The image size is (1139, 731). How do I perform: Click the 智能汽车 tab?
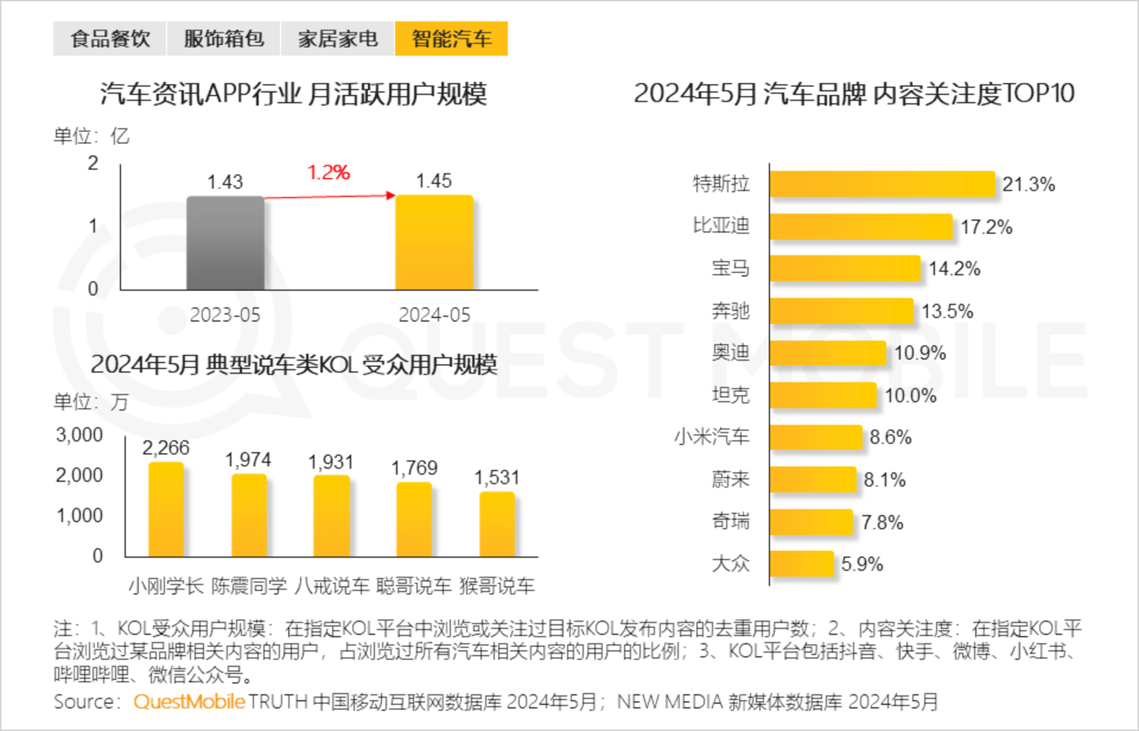click(451, 39)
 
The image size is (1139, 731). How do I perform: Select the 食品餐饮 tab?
click(110, 39)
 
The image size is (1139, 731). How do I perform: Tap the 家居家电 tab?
click(338, 39)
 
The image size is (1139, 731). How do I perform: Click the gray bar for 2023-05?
click(225, 243)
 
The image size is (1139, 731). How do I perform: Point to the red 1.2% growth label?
click(328, 172)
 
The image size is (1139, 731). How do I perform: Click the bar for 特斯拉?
click(882, 184)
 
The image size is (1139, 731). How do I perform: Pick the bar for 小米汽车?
click(815, 437)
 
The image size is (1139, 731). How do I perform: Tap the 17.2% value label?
click(986, 227)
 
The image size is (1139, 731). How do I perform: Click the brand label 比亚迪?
click(721, 226)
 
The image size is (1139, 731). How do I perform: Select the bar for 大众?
click(801, 564)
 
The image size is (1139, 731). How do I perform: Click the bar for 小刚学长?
click(166, 509)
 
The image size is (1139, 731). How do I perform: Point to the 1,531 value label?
click(497, 478)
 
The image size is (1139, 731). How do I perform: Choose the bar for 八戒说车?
click(331, 516)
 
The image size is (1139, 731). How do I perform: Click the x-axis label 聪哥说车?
click(414, 586)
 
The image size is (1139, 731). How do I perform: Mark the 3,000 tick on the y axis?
click(79, 435)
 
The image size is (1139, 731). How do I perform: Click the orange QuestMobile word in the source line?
click(189, 702)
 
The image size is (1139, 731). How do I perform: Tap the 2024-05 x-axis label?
click(434, 315)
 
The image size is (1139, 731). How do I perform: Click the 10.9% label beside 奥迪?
click(920, 353)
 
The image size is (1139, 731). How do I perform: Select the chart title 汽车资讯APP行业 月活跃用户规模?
click(293, 94)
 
